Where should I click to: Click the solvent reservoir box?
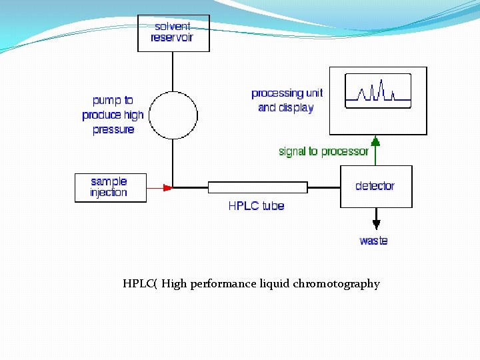click(173, 33)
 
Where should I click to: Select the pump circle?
click(173, 115)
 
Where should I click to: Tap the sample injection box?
click(109, 187)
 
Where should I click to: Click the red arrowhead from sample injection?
click(167, 188)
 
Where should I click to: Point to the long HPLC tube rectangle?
click(257, 187)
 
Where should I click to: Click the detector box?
click(376, 186)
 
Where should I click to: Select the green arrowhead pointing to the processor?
click(375, 141)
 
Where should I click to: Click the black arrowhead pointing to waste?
click(376, 223)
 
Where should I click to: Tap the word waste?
click(373, 241)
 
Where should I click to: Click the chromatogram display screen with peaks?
click(377, 91)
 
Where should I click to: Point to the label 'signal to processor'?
click(323, 151)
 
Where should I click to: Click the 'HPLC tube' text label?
click(256, 206)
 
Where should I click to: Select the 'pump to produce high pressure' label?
click(113, 115)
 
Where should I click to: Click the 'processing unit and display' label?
click(286, 100)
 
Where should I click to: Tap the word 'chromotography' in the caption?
click(336, 284)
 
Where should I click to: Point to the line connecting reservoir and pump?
click(173, 71)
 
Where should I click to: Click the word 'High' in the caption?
click(174, 284)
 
